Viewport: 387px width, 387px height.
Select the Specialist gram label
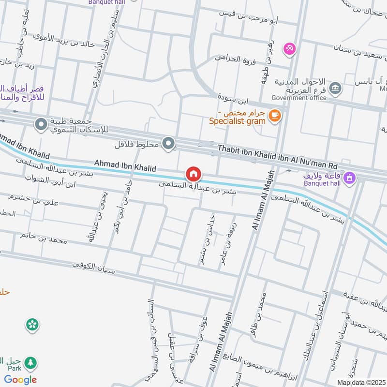click(237, 121)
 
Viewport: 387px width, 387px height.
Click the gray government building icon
click(334, 89)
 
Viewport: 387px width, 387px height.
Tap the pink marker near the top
click(290, 49)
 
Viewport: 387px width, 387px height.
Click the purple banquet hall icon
click(349, 179)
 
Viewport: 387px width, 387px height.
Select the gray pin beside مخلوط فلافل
click(168, 143)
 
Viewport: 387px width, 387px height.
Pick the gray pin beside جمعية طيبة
click(41, 125)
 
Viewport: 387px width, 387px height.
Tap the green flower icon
click(32, 324)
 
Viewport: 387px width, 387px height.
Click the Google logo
click(20, 380)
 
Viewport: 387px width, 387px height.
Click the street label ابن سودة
click(233, 101)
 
